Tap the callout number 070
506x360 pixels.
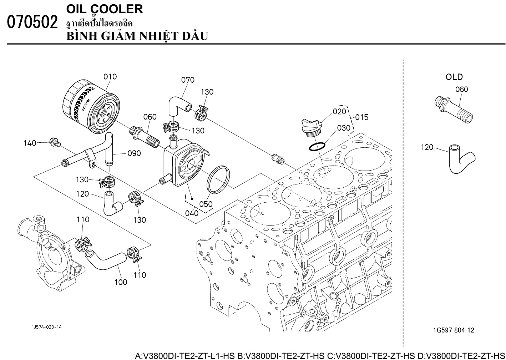click(x=188, y=80)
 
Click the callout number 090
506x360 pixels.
click(x=134, y=153)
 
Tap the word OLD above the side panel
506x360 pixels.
click(x=454, y=77)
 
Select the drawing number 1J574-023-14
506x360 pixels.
click(x=46, y=327)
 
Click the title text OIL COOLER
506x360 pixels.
click(x=105, y=9)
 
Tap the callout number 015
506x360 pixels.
click(x=361, y=117)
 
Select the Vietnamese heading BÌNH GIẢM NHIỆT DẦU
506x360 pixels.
click(x=137, y=36)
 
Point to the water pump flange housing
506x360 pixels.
click(x=50, y=250)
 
